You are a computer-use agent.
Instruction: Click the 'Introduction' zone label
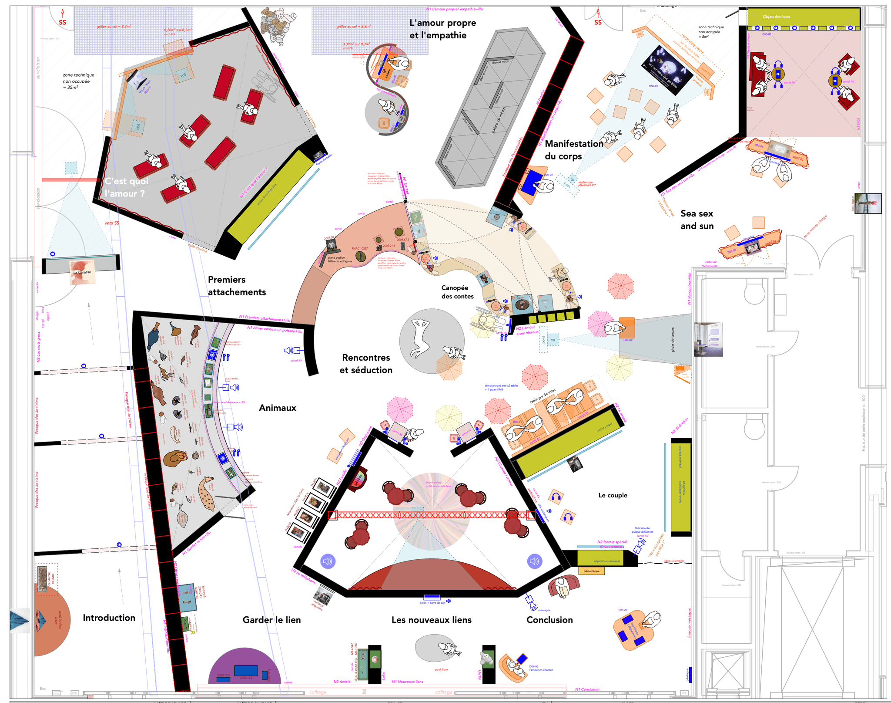coord(109,618)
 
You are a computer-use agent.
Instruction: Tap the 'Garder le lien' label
coord(271,620)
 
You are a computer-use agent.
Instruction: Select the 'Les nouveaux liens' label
coord(431,620)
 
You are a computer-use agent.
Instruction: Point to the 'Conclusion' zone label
coord(549,620)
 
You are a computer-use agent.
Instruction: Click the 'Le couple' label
coord(613,495)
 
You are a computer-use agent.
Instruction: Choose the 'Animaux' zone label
coord(278,408)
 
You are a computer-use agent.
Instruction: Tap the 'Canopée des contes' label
coord(457,292)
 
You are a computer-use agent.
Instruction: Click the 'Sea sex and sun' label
coord(697,220)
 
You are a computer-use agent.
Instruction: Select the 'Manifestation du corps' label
coord(573,150)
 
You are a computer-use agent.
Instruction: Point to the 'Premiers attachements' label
coord(237,286)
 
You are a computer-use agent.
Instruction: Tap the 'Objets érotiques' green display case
coord(803,17)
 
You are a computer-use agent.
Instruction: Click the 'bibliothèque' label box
coord(591,571)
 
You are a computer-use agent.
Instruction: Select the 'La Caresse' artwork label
coord(82,272)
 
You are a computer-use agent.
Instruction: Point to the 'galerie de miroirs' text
coord(498,120)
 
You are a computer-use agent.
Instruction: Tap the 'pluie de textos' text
coord(673,339)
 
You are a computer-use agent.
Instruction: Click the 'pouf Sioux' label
coord(441,669)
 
